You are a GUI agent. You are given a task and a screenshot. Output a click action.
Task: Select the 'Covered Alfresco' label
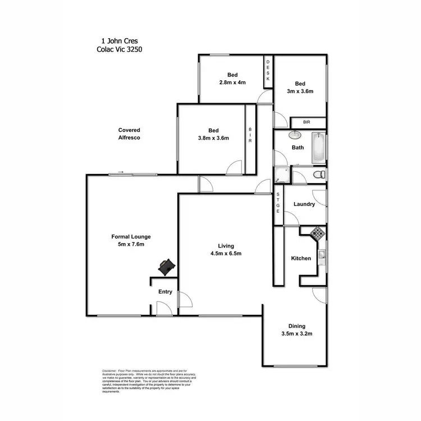[x=129, y=134]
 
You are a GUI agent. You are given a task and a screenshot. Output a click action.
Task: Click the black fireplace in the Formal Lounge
[x=167, y=267]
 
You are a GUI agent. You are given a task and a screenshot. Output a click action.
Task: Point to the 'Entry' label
[x=165, y=292]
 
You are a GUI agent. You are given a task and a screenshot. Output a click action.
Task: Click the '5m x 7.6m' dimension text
[x=131, y=244]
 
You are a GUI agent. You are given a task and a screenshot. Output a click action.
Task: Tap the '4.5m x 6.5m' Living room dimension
[x=226, y=253]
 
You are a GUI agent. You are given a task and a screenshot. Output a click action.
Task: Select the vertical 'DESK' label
[x=268, y=71]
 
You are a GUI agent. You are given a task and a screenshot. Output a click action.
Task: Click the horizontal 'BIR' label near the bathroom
[x=306, y=122]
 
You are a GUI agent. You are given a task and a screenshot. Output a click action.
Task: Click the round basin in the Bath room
[x=295, y=135]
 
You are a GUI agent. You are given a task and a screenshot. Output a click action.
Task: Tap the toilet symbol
[x=319, y=175]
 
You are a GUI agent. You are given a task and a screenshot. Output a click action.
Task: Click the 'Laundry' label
[x=304, y=204]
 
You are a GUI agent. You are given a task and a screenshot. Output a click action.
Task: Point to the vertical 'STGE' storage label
[x=278, y=203]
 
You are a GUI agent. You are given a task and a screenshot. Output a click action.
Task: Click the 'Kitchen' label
[x=301, y=259]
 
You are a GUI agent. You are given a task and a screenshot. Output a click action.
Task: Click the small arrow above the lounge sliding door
[x=121, y=172]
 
